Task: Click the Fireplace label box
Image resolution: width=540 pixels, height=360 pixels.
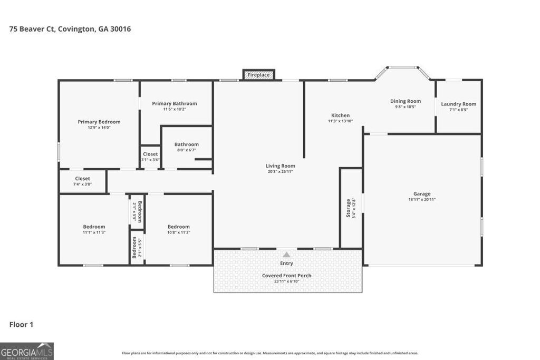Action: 258,75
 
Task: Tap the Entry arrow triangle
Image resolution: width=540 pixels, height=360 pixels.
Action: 286,255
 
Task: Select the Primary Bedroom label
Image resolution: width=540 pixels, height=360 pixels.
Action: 99,122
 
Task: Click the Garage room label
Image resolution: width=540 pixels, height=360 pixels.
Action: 422,194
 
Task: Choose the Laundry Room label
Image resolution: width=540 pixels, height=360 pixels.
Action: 458,104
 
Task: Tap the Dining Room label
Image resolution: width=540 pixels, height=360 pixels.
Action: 406,101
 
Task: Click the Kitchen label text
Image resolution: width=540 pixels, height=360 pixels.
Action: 340,115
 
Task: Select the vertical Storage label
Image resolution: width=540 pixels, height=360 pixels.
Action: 348,208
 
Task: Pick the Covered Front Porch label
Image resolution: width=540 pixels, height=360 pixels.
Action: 286,276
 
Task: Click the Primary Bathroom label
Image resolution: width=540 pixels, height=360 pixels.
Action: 175,103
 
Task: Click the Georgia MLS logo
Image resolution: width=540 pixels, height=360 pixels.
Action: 27,351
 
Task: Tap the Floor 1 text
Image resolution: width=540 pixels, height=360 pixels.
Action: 21,325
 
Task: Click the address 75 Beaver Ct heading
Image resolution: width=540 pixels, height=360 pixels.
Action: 70,29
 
